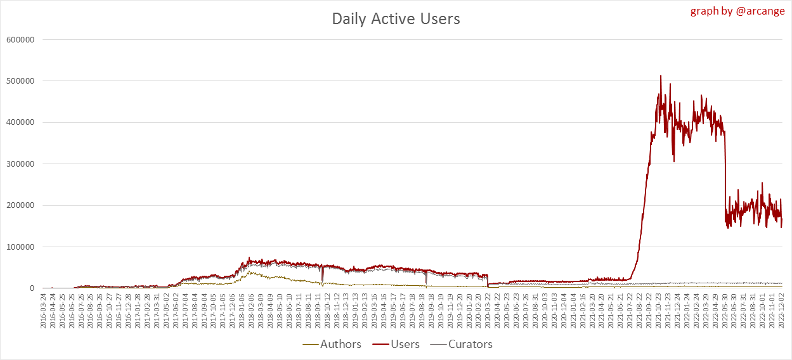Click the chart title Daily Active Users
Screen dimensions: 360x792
(396, 19)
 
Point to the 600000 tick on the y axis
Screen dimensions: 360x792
(19, 39)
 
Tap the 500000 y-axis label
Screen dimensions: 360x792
(19, 81)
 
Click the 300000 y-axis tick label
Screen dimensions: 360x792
(19, 164)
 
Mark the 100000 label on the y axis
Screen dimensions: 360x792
(19, 247)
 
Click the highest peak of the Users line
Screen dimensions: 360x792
(661, 75)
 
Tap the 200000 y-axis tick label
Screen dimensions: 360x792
(19, 205)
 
